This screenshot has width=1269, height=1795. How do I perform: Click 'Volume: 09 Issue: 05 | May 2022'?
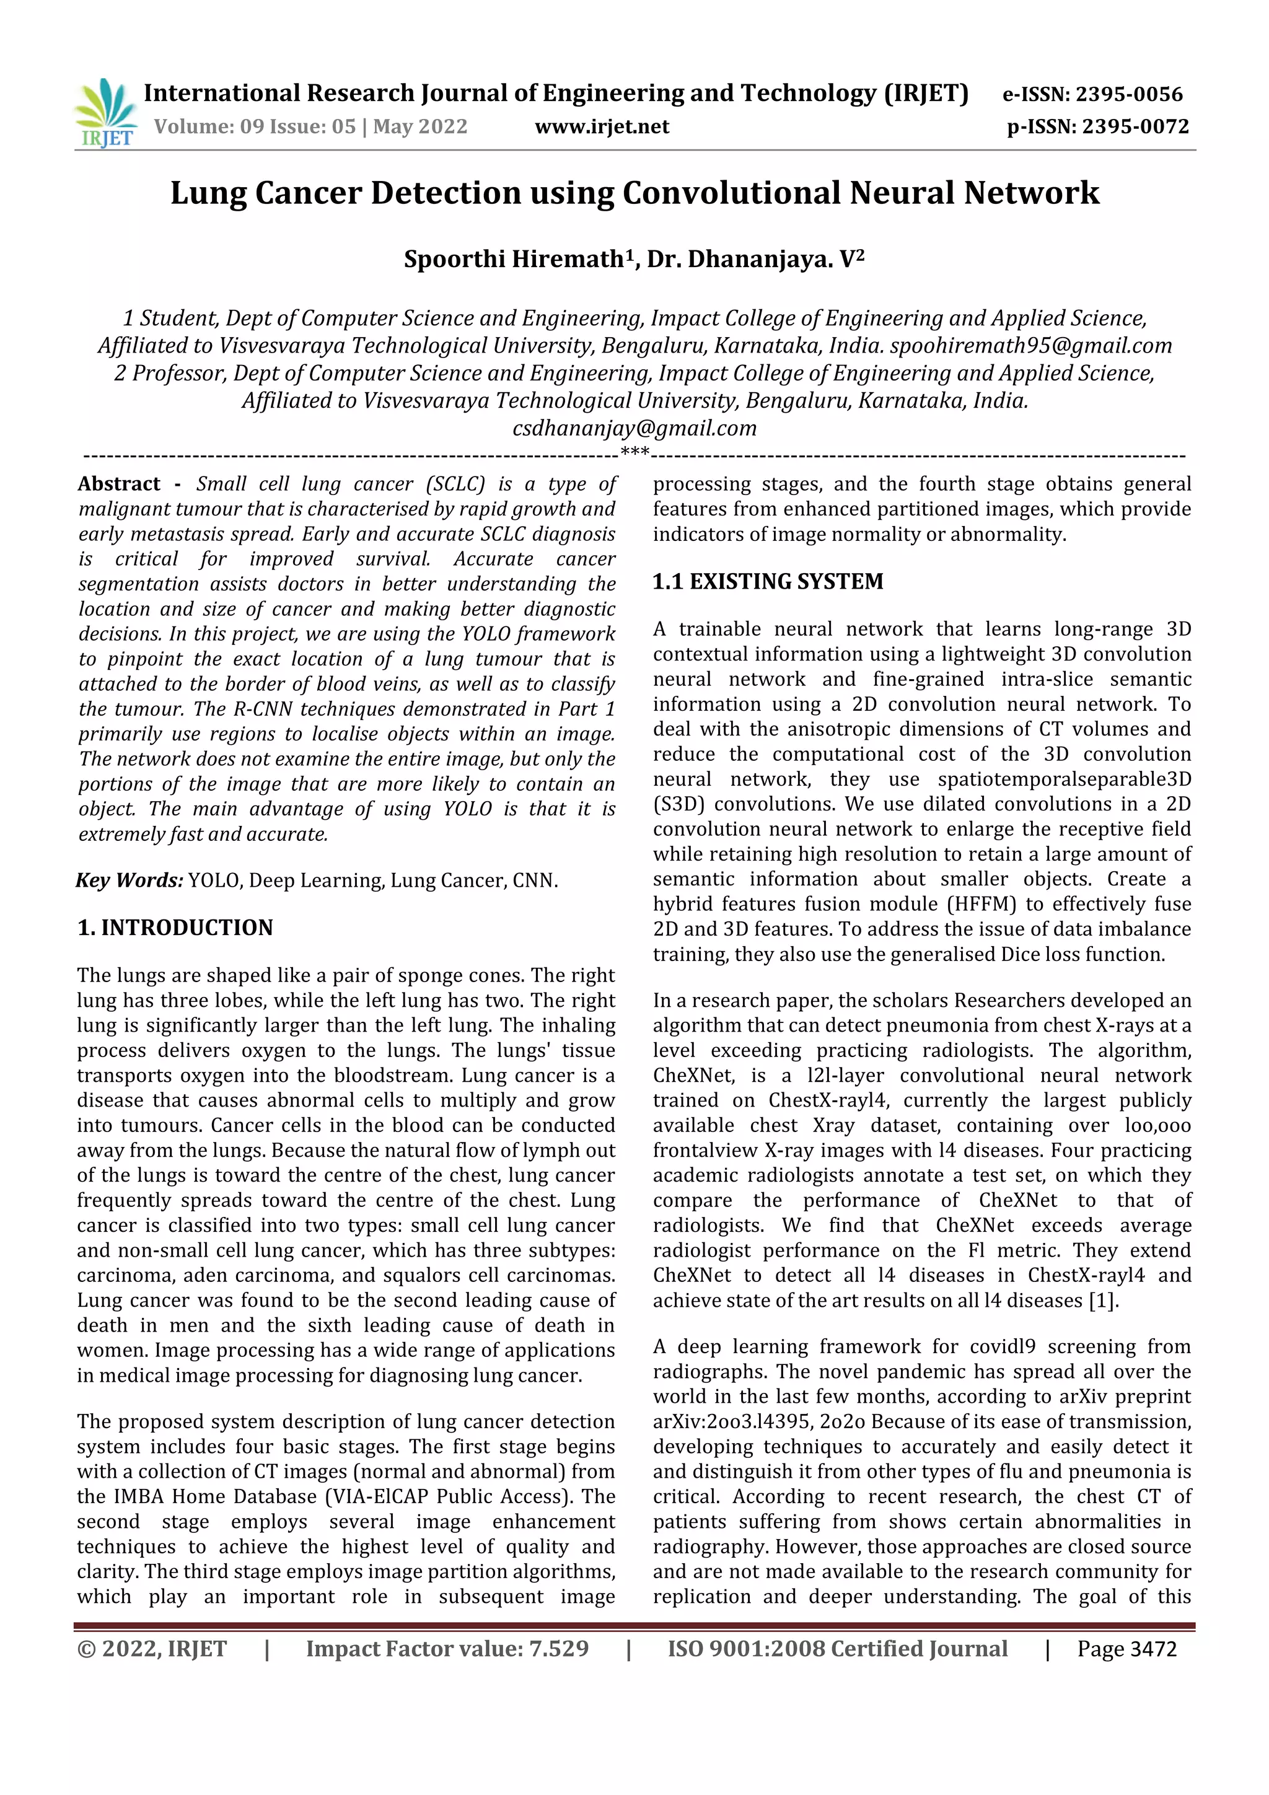(310, 126)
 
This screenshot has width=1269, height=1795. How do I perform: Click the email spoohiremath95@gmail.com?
(1030, 346)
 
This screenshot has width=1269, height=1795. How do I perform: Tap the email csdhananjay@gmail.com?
(634, 428)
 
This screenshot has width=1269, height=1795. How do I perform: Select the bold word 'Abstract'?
(119, 484)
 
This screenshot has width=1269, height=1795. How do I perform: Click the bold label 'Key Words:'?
(129, 880)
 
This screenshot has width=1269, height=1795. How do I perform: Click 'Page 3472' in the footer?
(1126, 1649)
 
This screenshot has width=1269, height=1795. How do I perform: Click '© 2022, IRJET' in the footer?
(152, 1649)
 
